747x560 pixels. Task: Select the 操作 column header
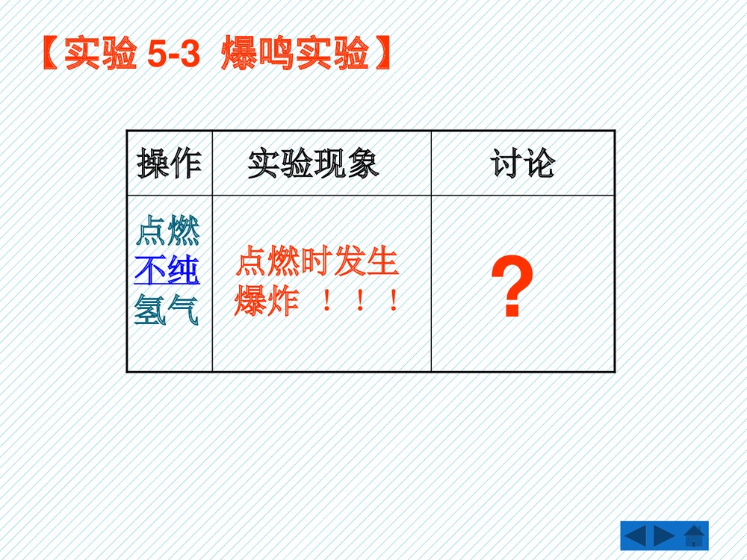169,164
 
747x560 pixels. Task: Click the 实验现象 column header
314,164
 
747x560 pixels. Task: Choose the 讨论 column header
523,164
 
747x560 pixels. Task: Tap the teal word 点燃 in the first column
167,231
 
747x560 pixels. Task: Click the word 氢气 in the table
167,311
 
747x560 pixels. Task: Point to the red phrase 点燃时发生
317,263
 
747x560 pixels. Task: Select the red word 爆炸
267,302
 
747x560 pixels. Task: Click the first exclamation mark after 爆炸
326,302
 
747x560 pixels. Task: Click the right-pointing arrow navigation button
664,536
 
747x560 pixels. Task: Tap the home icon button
694,536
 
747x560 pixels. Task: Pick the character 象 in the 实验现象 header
363,164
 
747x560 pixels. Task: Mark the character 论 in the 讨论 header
539,164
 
